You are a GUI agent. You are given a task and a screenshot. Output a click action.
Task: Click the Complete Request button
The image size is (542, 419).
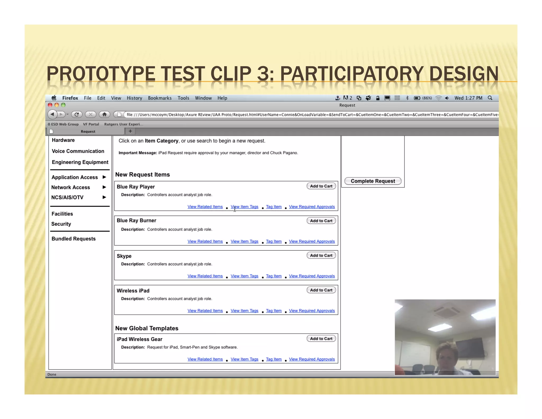coord(373,181)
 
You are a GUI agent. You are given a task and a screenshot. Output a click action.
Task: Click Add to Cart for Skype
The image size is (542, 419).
coord(321,256)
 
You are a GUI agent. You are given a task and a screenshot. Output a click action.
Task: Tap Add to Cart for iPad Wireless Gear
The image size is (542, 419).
coord(321,339)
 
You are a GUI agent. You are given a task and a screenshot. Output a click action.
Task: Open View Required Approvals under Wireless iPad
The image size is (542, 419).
coord(312,311)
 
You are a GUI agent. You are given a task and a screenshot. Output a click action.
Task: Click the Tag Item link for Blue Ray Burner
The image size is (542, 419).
coord(274,241)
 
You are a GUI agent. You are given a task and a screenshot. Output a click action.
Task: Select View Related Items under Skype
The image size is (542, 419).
coord(205,276)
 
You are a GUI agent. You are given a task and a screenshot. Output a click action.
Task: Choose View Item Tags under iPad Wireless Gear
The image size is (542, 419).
coord(244,359)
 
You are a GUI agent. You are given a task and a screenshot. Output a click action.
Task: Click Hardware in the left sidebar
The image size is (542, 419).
coord(63,140)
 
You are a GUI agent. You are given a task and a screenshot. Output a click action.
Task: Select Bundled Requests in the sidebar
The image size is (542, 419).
coord(74,239)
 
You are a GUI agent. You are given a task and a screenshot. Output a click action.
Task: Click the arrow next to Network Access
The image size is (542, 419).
coord(104,187)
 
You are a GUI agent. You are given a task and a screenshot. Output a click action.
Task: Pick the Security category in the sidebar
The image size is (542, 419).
coord(61,224)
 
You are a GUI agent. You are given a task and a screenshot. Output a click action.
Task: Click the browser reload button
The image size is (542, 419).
coord(77,114)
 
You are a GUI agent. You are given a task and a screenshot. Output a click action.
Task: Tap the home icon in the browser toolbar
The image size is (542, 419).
coord(105,114)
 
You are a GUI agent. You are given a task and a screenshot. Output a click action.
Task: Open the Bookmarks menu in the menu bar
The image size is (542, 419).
coord(160,98)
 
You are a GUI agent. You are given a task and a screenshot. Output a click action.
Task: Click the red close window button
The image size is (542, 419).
coord(50,105)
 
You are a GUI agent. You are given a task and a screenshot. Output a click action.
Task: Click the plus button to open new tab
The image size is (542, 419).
coord(130,131)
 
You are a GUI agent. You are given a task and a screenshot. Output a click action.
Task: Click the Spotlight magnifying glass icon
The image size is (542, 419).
coord(490,98)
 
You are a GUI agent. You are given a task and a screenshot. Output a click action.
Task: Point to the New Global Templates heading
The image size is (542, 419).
coord(147,328)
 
